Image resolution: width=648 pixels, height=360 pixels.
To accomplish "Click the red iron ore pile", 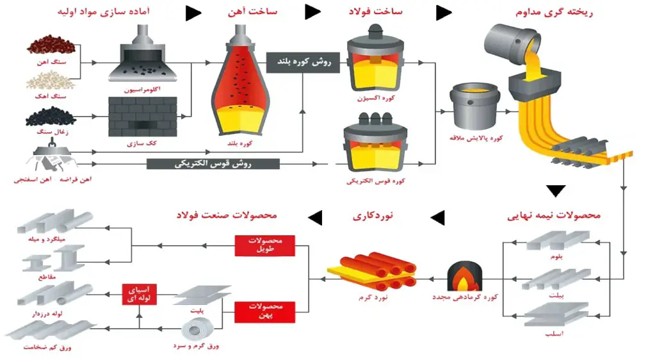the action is [x=51, y=45].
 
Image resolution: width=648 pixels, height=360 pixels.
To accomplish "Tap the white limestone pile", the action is [x=51, y=80].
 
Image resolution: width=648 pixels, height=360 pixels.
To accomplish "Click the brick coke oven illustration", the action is [x=143, y=117].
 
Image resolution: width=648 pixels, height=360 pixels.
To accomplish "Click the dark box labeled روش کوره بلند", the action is [x=303, y=62].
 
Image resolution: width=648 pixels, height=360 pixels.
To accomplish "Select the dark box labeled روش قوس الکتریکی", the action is [x=213, y=164].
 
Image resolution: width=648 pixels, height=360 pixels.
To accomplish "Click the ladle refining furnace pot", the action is [x=474, y=106].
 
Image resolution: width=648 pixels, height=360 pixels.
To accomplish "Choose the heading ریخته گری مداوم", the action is [x=554, y=12].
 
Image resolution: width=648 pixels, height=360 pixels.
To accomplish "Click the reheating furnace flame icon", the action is [x=464, y=276].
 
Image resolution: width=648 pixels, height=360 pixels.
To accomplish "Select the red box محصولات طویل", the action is [x=265, y=245].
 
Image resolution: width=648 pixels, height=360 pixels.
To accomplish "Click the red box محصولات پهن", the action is [x=265, y=312].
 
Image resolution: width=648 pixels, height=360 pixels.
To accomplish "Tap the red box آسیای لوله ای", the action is [x=140, y=294].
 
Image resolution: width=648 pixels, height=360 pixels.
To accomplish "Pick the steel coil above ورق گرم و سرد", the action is [x=198, y=329].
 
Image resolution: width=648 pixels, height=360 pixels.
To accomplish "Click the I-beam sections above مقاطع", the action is [x=54, y=258].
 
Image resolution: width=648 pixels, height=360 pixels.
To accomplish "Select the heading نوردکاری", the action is [x=373, y=215].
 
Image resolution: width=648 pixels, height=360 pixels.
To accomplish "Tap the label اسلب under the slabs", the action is [x=554, y=334].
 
